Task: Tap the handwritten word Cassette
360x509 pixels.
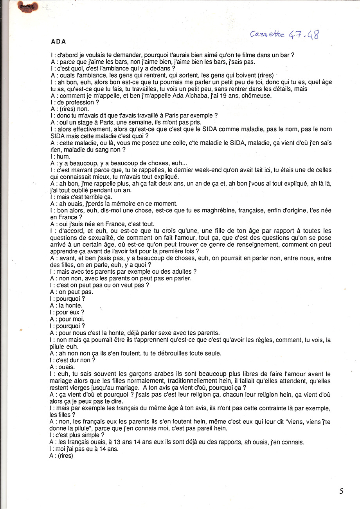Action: [268, 34]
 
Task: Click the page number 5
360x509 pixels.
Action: [341, 491]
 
